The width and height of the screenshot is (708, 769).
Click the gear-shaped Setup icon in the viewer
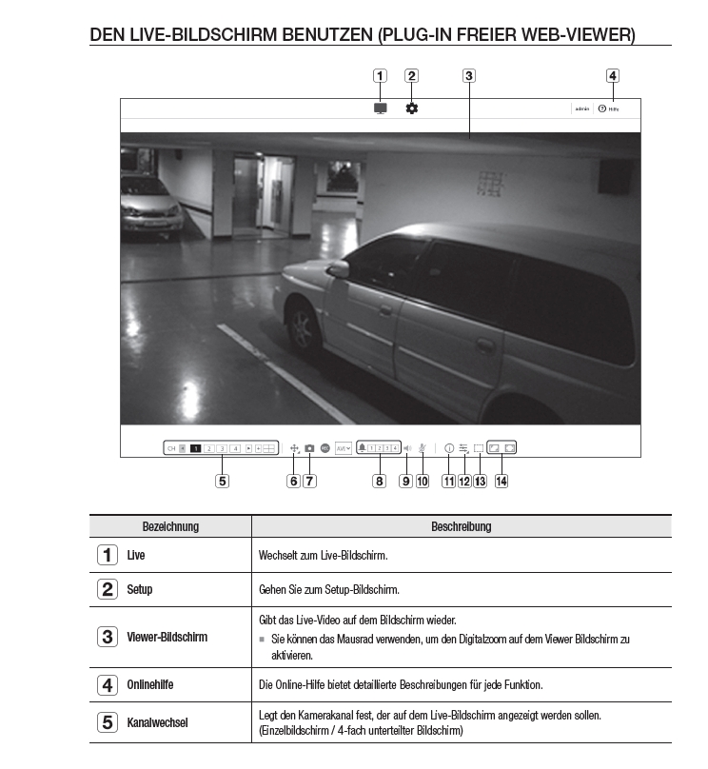point(411,108)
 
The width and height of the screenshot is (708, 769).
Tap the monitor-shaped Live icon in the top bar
point(381,108)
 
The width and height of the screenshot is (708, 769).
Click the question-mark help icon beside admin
point(602,108)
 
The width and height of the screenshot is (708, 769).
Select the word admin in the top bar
point(581,109)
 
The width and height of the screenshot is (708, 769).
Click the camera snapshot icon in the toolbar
point(309,447)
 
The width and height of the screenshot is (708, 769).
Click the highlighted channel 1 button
point(194,447)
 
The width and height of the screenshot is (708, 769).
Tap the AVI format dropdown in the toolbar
point(343,447)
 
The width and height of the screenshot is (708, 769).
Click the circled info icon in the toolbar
point(449,447)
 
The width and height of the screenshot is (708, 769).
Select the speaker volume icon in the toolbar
point(406,447)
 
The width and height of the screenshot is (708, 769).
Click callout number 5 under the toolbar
point(222,482)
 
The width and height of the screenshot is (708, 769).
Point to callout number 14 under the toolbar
point(501,482)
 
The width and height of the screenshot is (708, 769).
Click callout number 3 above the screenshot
point(469,76)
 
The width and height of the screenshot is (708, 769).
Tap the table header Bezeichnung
point(170,526)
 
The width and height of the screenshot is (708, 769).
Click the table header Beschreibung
point(461,526)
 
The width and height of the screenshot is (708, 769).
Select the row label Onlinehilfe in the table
point(150,684)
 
